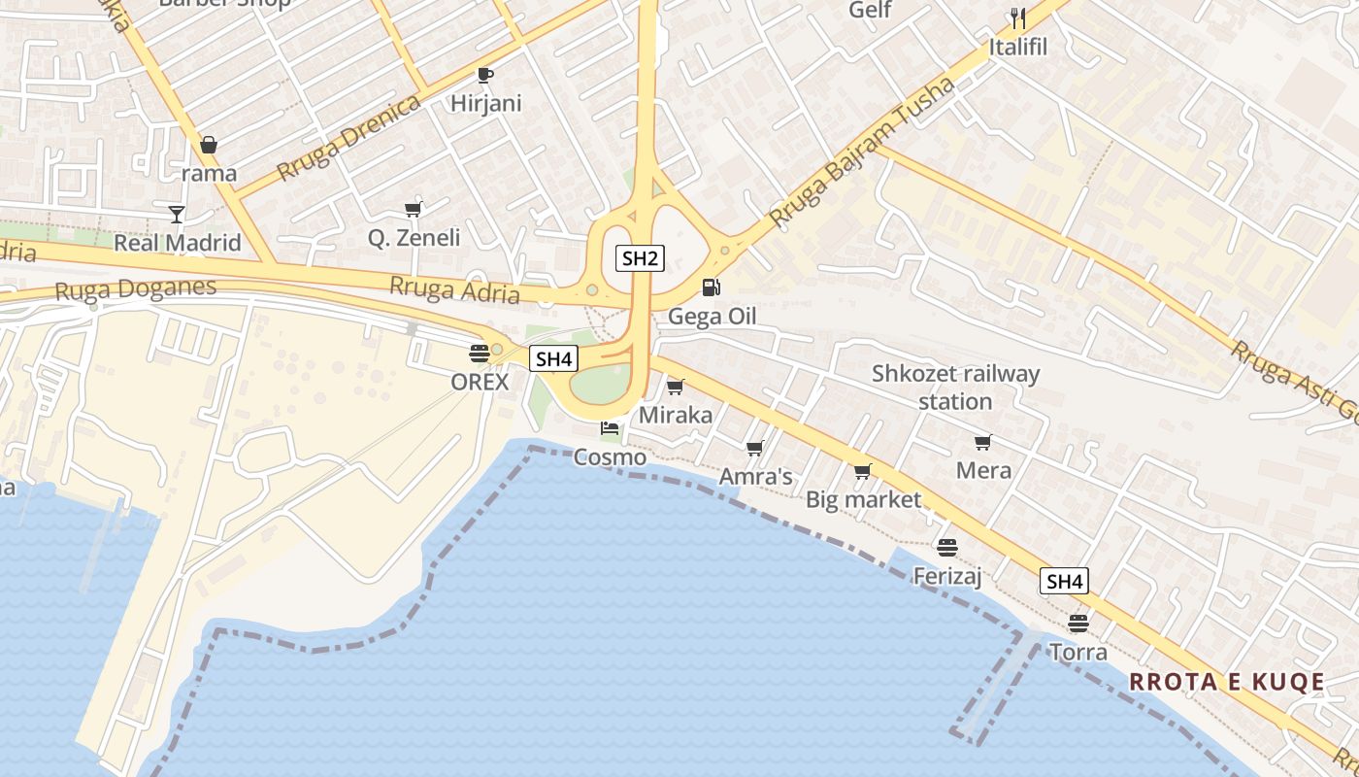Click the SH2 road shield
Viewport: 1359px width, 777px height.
pyautogui.click(x=640, y=258)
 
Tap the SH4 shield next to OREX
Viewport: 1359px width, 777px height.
pyautogui.click(x=553, y=358)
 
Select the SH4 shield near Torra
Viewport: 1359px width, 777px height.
pyautogui.click(x=1064, y=582)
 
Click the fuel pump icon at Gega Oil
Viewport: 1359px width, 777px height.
pyautogui.click(x=712, y=287)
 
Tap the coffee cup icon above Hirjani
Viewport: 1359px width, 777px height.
pyautogui.click(x=485, y=75)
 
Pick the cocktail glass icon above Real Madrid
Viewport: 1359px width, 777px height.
pyautogui.click(x=177, y=214)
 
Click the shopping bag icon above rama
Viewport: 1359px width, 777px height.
pyautogui.click(x=209, y=146)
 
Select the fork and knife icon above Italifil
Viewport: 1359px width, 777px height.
pyautogui.click(x=1017, y=17)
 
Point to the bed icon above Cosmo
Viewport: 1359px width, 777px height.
pyautogui.click(x=610, y=427)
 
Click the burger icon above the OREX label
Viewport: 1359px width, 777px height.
pyautogui.click(x=480, y=353)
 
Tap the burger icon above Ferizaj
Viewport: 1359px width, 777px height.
pyautogui.click(x=947, y=548)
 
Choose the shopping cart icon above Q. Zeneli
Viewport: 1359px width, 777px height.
pyautogui.click(x=414, y=209)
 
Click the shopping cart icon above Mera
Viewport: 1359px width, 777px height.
pyautogui.click(x=983, y=443)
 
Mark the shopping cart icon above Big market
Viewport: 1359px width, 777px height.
pyautogui.click(x=863, y=472)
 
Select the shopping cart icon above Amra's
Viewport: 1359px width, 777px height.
pyautogui.click(x=755, y=448)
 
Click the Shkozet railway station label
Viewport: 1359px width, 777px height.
pyautogui.click(x=955, y=387)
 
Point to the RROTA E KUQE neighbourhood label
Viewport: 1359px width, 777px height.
pyautogui.click(x=1227, y=682)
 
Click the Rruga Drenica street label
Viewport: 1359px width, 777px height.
pyautogui.click(x=348, y=138)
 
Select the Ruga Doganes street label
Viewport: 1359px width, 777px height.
pyautogui.click(x=136, y=288)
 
